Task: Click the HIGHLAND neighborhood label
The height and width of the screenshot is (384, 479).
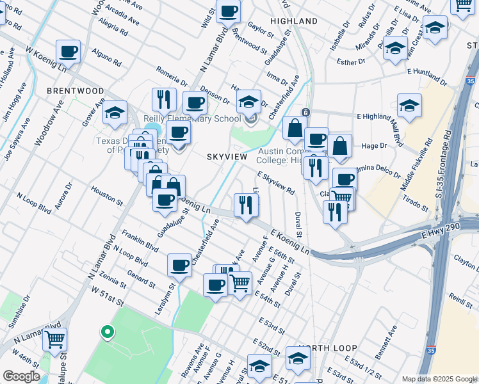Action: (x=294, y=21)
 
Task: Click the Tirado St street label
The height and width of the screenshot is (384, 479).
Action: (x=416, y=204)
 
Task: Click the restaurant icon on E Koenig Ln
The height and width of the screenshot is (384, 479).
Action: (x=246, y=205)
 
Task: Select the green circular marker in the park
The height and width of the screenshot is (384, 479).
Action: (x=107, y=332)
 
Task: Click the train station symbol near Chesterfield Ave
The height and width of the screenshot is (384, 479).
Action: (x=306, y=113)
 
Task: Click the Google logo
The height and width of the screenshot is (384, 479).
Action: (x=21, y=376)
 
